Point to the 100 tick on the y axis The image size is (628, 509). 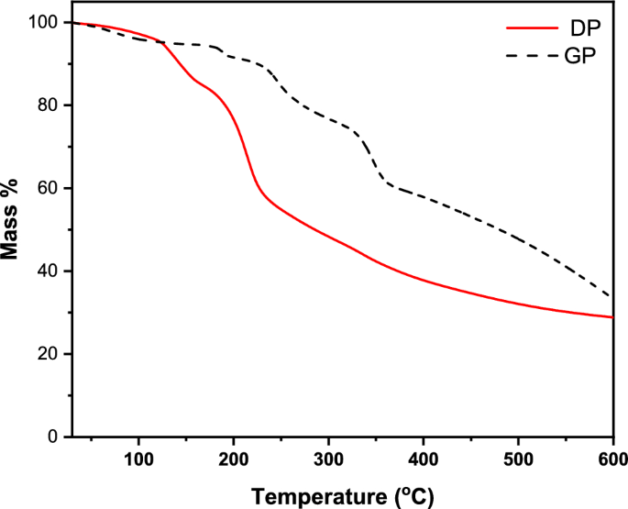44,22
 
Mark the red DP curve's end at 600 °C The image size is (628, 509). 611,317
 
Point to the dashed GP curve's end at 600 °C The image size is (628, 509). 611,297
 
